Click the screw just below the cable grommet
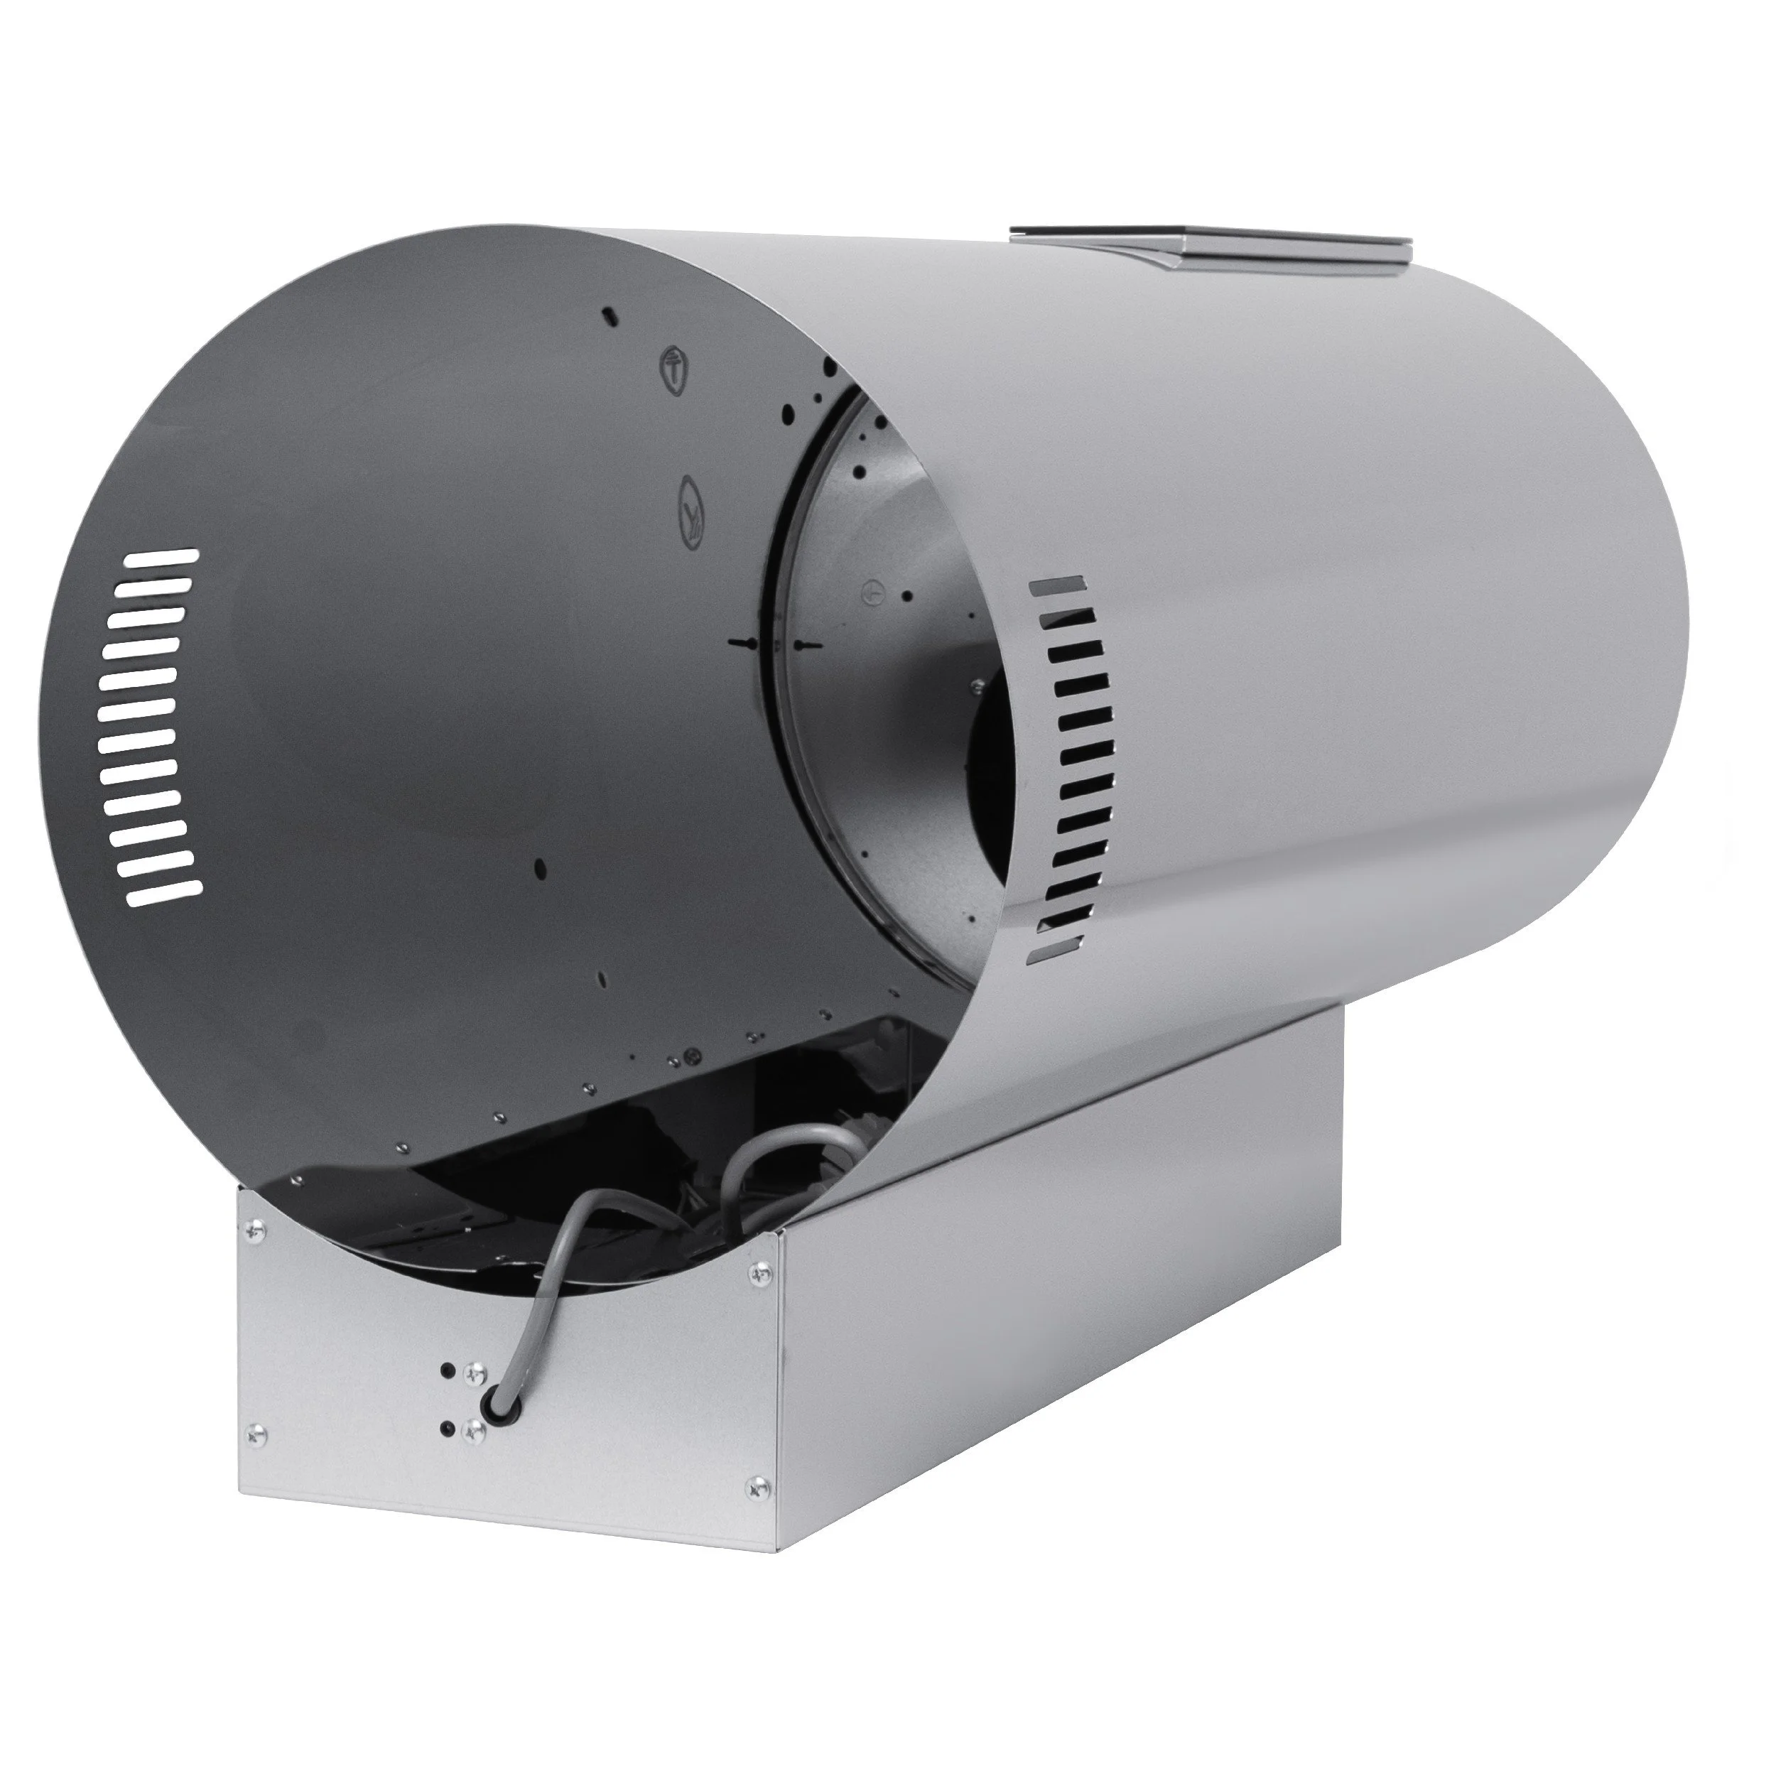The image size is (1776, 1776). [x=475, y=1430]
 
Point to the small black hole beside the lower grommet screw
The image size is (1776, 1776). [x=448, y=1428]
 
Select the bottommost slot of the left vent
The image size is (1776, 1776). [x=166, y=892]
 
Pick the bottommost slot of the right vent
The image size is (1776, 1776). [x=1053, y=951]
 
